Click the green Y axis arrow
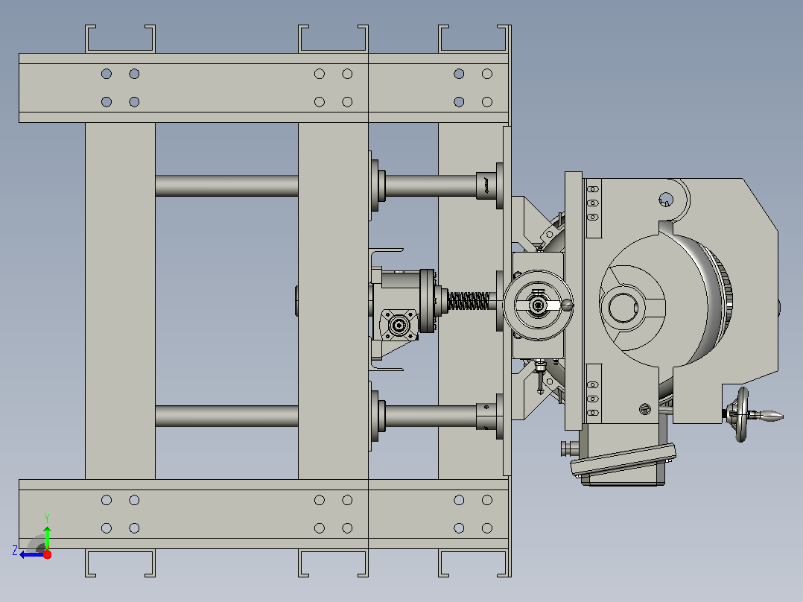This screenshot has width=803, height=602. pyautogui.click(x=47, y=538)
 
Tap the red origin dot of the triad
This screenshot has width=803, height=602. pyautogui.click(x=47, y=554)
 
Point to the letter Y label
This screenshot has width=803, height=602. pyautogui.click(x=47, y=519)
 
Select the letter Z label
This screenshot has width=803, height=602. pyautogui.click(x=15, y=551)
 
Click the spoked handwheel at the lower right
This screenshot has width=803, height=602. pyautogui.click(x=740, y=414)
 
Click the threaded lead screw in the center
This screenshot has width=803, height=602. pyautogui.click(x=469, y=301)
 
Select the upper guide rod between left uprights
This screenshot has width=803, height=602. pyautogui.click(x=226, y=186)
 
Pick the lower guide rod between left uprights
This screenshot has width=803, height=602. pyautogui.click(x=226, y=416)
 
